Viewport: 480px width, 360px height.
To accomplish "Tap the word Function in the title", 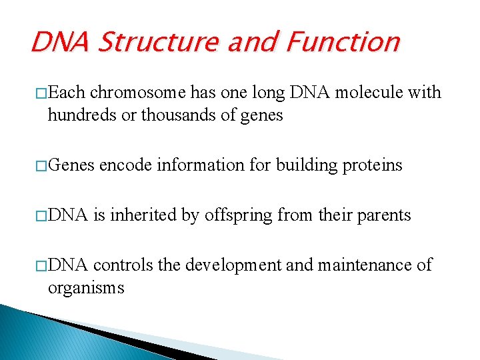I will click(x=343, y=42).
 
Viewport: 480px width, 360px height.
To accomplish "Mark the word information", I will click(x=200, y=165).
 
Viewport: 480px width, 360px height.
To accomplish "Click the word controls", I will click(x=123, y=265).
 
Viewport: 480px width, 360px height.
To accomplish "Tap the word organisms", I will click(x=85, y=288).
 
